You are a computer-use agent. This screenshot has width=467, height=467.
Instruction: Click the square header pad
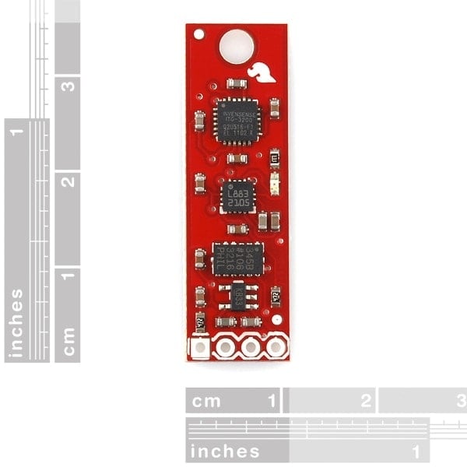(200, 346)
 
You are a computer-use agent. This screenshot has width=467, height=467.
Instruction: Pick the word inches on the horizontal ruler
(226, 451)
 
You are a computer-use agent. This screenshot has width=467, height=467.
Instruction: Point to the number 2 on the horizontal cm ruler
(365, 402)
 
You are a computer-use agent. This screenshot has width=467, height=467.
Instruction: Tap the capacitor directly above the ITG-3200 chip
(234, 83)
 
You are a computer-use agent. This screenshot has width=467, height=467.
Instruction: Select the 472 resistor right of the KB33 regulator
(276, 296)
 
